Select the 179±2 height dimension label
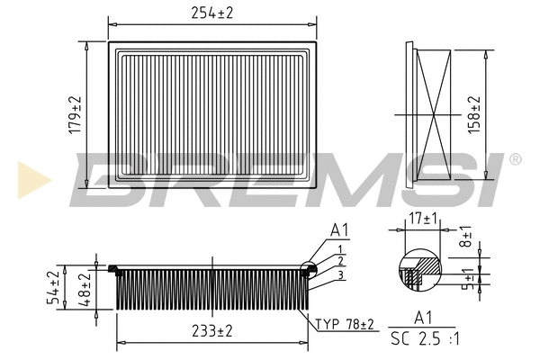click(76, 115)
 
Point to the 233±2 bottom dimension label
click(211, 331)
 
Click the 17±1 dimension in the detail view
click(422, 219)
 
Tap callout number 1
click(338, 247)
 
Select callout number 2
click(338, 259)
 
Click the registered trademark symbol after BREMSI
click(515, 159)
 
